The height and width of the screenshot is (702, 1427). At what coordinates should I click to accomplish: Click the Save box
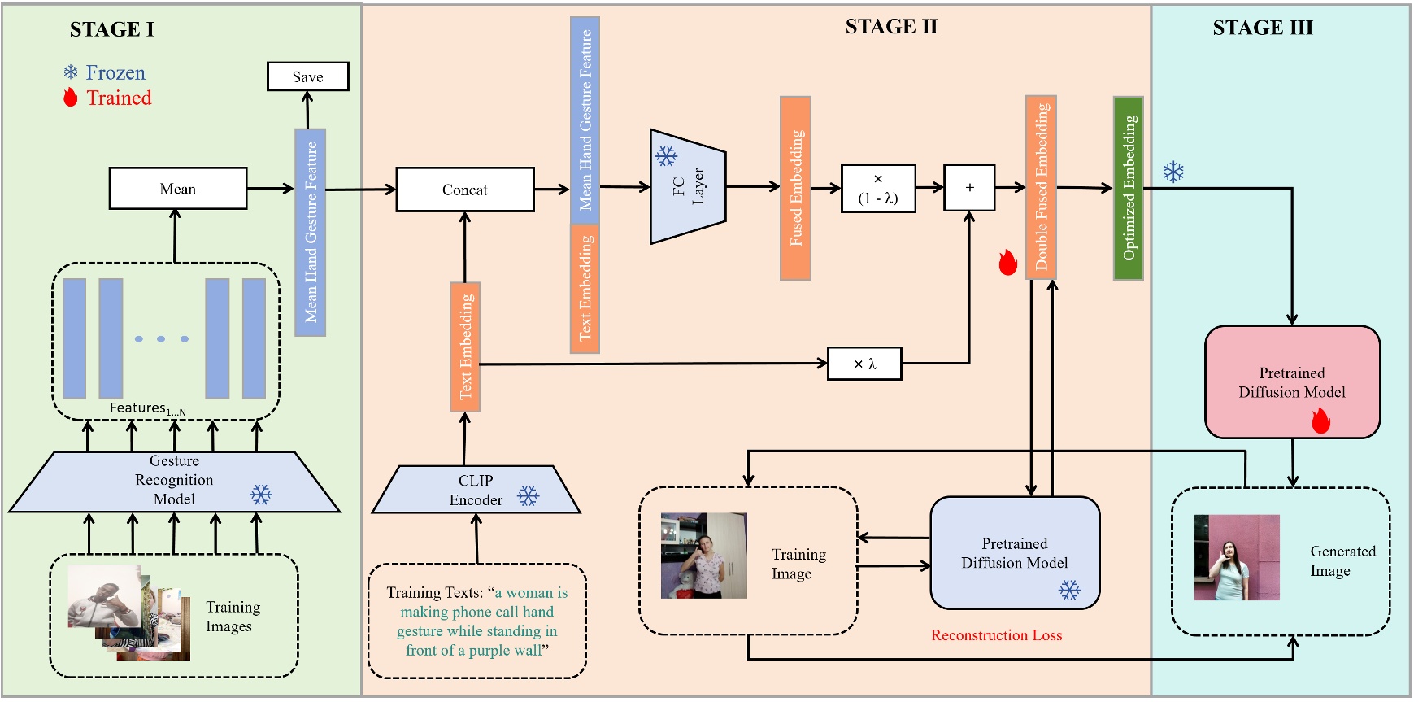[x=307, y=76]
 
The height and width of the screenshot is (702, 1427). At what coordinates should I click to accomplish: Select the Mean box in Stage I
[x=177, y=189]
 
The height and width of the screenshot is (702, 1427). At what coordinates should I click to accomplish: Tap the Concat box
[x=464, y=190]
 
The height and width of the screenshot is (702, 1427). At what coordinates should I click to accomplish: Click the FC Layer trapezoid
[x=687, y=187]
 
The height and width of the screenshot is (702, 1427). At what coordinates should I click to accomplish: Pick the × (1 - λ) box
[x=877, y=188]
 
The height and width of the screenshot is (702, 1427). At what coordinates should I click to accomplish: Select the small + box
[x=968, y=187]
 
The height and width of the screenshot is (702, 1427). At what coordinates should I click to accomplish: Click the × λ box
[x=864, y=364]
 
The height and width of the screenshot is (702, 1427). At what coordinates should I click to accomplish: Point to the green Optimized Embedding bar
[x=1128, y=188]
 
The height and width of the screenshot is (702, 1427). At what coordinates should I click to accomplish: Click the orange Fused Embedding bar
[x=795, y=188]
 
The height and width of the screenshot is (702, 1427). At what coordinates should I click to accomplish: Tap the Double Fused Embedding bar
[x=1041, y=187]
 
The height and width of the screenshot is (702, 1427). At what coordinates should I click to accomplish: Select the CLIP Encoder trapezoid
[x=476, y=490]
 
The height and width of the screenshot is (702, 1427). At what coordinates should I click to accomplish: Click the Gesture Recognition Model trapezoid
[x=174, y=481]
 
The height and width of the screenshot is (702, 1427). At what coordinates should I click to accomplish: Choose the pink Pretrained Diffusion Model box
[x=1291, y=382]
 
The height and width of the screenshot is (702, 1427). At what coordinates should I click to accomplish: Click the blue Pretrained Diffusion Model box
[x=1014, y=552]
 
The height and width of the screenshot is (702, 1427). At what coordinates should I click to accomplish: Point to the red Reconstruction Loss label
[x=996, y=635]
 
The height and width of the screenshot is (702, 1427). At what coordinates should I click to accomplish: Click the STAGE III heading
[x=1262, y=28]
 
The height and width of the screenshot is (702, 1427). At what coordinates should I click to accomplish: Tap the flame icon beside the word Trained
[x=71, y=98]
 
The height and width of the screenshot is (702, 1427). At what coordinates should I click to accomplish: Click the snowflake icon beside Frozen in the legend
[x=71, y=72]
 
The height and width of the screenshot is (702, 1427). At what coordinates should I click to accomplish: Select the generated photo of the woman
[x=1236, y=558]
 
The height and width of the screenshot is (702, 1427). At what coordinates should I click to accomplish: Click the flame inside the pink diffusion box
[x=1320, y=421]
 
